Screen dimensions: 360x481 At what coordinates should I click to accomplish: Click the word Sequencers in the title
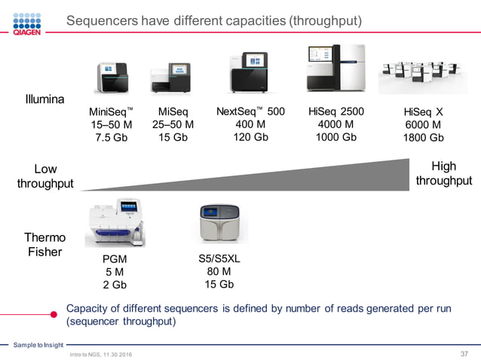[103, 20]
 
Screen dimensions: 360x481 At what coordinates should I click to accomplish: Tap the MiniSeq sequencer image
[112, 78]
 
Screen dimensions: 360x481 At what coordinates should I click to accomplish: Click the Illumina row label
[44, 99]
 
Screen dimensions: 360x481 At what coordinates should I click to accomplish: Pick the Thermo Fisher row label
[44, 245]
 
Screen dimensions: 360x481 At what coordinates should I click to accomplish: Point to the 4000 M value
[336, 124]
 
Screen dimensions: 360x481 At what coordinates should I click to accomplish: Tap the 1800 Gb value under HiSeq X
[424, 138]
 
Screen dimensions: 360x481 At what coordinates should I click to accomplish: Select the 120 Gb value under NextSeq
[250, 137]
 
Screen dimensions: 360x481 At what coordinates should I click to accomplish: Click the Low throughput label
[45, 176]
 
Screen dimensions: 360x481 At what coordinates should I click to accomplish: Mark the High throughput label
[443, 173]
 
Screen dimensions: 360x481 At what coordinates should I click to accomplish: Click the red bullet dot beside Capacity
[54, 314]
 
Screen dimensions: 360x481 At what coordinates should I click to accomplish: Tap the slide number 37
[464, 355]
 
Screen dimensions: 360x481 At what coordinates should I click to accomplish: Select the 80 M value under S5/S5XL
[219, 271]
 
